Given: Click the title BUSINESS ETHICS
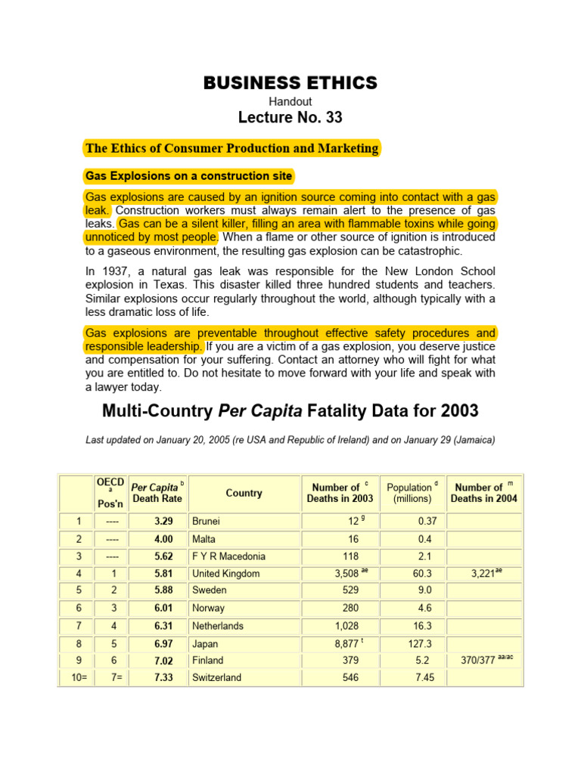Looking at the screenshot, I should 290,83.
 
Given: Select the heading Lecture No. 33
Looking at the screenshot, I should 290,117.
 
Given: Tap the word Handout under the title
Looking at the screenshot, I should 290,101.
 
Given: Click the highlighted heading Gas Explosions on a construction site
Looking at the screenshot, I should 188,176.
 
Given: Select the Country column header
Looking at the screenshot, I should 244,493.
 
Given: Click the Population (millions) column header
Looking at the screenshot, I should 412,493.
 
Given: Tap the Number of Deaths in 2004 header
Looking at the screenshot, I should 484,493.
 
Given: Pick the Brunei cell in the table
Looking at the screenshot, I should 207,522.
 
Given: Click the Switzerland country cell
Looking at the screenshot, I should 217,677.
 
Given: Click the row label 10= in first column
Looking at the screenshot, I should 74,677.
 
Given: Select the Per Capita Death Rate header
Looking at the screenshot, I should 158,493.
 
